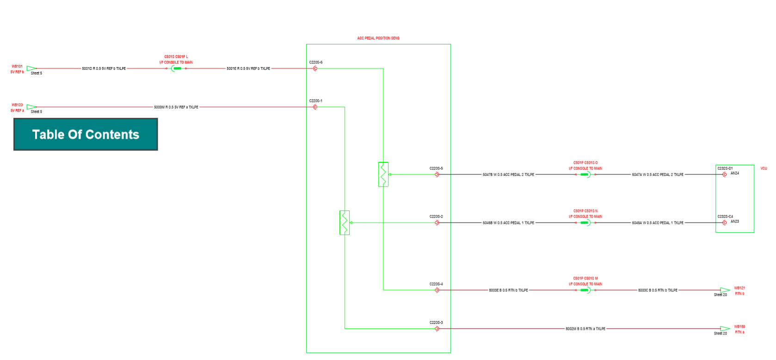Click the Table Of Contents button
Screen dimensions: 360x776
click(x=86, y=134)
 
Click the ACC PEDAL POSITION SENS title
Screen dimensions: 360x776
click(x=378, y=38)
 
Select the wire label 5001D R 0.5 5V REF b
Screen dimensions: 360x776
click(x=104, y=68)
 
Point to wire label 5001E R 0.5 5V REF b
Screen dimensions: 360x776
click(x=248, y=68)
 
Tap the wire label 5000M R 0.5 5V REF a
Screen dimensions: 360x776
click(x=176, y=107)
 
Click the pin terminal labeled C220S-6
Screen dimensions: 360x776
click(x=315, y=68)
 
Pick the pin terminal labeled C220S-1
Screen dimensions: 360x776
click(x=315, y=107)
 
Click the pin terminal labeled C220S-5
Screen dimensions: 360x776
click(x=437, y=174)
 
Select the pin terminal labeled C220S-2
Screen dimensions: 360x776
click(x=437, y=223)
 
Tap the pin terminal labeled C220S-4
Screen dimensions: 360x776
click(x=437, y=290)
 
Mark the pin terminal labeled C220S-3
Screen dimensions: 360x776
click(x=437, y=329)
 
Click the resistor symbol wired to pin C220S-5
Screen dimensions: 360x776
click(x=383, y=174)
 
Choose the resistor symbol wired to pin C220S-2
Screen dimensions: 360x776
click(x=345, y=223)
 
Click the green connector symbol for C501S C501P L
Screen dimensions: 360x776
click(x=176, y=68)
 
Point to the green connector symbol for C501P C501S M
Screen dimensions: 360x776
click(x=585, y=290)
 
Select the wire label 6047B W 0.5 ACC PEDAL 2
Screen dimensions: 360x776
click(x=508, y=175)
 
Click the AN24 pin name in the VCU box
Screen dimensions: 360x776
click(x=735, y=174)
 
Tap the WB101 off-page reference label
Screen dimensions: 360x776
click(x=17, y=67)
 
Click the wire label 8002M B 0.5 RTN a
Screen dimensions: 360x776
click(x=585, y=329)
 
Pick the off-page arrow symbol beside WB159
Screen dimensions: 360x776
click(x=725, y=329)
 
